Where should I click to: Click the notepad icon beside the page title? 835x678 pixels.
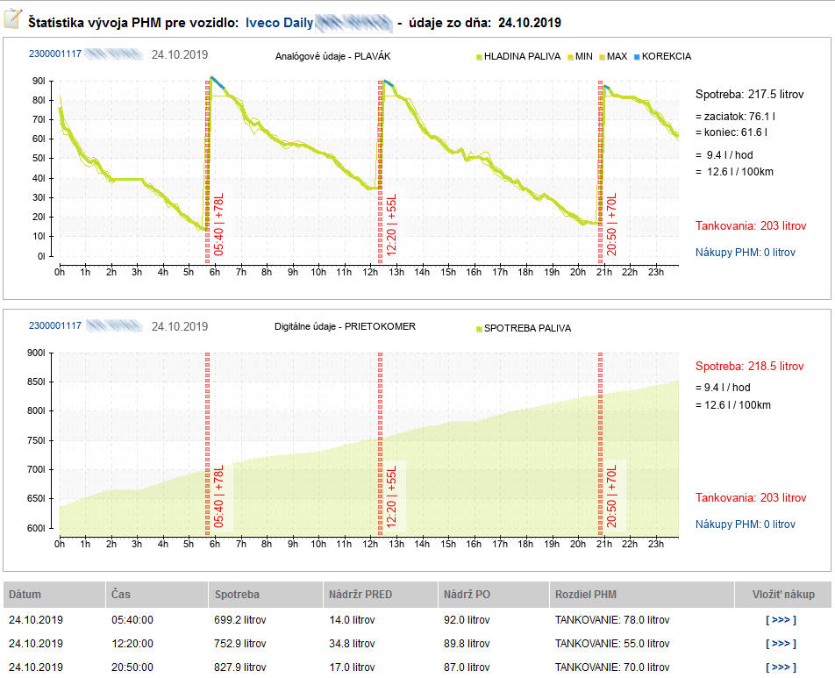point(13,19)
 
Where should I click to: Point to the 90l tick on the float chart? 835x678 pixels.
point(39,81)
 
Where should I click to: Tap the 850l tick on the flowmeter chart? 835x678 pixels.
point(37,382)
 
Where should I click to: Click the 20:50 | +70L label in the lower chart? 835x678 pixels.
point(612,495)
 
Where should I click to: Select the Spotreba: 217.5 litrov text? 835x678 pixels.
point(749,94)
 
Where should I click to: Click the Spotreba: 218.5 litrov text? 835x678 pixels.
point(749,366)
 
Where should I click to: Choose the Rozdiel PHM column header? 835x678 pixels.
point(586,595)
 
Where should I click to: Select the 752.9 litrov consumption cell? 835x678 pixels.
point(240,643)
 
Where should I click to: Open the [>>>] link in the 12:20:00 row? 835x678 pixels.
point(780,643)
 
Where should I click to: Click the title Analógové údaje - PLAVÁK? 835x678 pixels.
point(332,56)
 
